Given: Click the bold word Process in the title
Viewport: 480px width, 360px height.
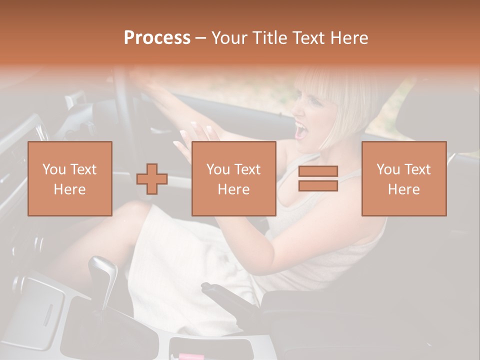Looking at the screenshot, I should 157,38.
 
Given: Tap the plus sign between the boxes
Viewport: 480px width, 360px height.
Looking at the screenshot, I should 152,179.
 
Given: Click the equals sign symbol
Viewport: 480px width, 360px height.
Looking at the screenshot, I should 318,178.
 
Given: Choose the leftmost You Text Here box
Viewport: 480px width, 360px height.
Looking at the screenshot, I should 70,179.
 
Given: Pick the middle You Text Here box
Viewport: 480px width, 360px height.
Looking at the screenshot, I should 234,179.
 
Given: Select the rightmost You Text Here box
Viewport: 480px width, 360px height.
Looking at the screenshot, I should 404,179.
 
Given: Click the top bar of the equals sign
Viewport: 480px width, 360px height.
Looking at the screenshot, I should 318,171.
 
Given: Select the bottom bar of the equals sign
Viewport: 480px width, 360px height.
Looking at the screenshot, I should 318,186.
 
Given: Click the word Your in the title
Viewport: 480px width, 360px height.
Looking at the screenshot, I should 229,38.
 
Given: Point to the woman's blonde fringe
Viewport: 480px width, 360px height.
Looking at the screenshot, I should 320,90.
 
